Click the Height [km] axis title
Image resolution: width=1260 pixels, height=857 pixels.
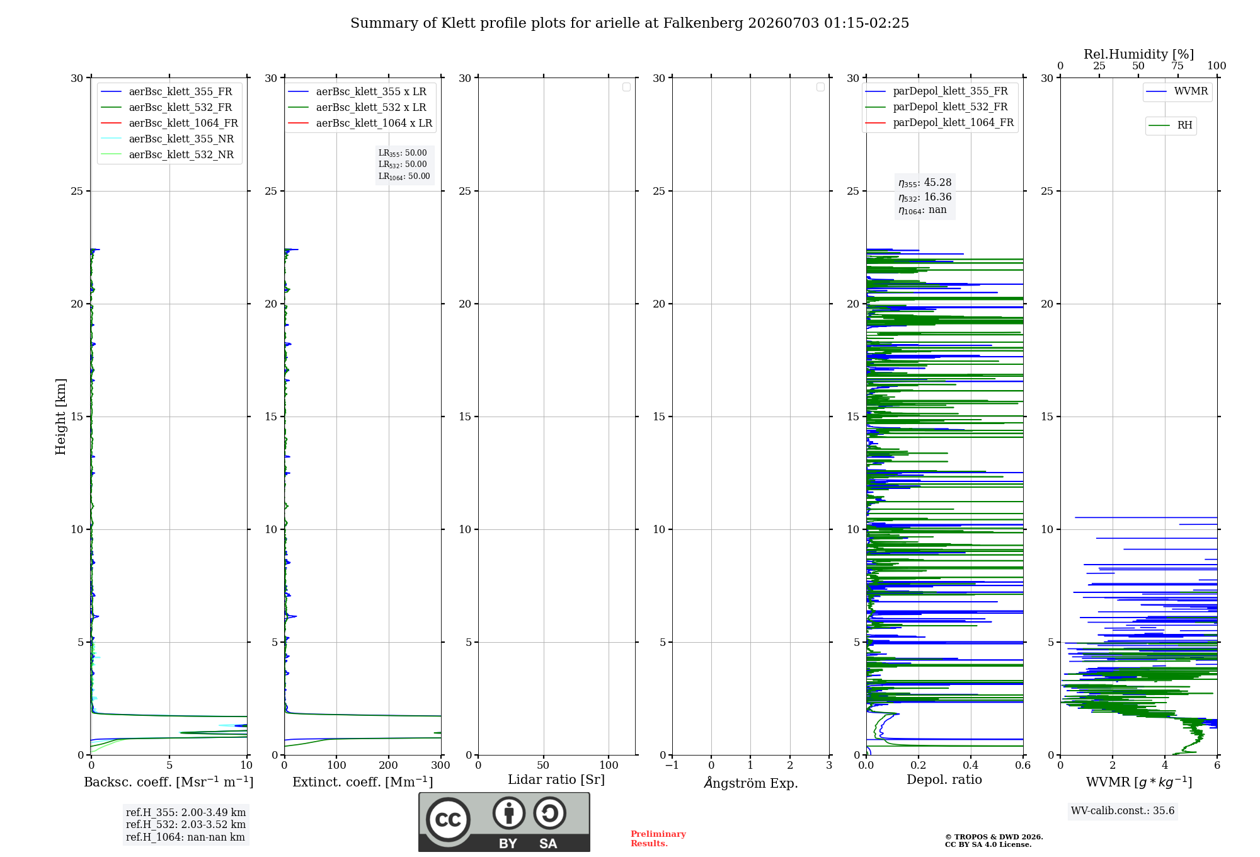(60, 417)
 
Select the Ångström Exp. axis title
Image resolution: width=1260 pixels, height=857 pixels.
(751, 783)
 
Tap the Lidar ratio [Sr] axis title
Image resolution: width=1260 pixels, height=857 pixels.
(556, 779)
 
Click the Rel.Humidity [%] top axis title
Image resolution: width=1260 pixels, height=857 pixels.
(1139, 54)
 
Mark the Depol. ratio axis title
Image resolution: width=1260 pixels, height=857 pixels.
(944, 779)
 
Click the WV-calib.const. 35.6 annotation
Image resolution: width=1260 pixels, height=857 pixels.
(1123, 810)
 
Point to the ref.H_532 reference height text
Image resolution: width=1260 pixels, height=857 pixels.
(186, 824)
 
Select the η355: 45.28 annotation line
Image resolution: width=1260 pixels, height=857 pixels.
(925, 183)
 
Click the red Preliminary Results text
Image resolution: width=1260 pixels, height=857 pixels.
(658, 839)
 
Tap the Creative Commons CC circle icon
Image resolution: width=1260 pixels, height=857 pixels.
(448, 820)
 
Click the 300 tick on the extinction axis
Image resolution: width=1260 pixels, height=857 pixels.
(441, 765)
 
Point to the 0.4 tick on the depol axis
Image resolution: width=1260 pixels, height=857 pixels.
(971, 765)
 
